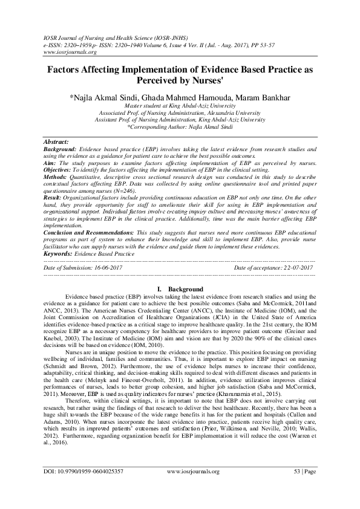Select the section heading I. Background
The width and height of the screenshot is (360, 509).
pyautogui.click(x=180, y=290)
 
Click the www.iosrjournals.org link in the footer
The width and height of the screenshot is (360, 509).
pyautogui.click(x=193, y=487)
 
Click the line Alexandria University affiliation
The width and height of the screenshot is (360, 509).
pyautogui.click(x=180, y=112)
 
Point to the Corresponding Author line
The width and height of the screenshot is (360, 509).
pyautogui.click(x=180, y=127)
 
